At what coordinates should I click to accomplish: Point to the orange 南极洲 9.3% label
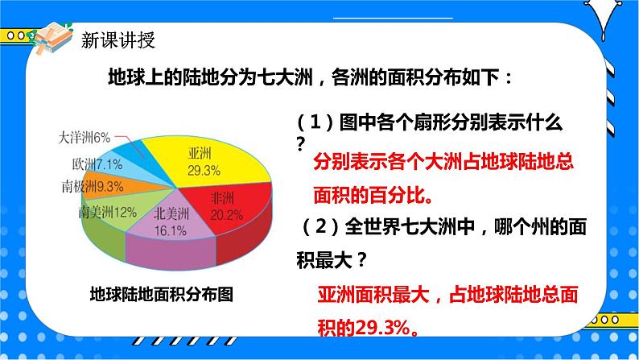(97, 188)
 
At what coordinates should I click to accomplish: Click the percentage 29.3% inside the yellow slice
(199, 170)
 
